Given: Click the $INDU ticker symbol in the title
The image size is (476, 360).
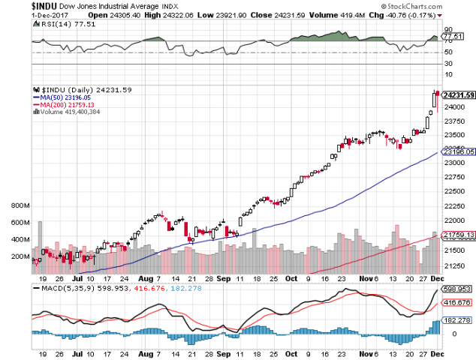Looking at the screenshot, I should click(x=16, y=6).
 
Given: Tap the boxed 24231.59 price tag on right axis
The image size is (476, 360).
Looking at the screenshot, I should click(x=458, y=95).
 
